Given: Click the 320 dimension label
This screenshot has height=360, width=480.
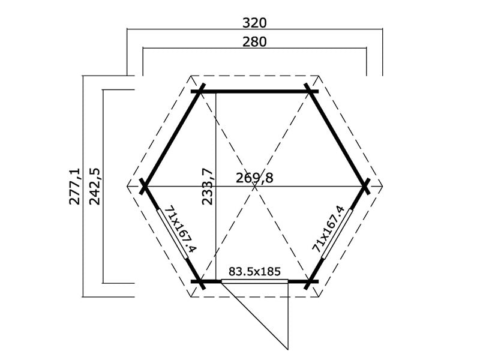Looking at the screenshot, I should coord(254,23).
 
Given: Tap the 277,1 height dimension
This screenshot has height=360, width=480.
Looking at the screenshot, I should coord(75,187).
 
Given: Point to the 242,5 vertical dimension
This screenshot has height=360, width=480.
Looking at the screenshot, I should coord(94,187).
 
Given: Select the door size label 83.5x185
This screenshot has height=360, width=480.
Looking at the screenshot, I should coord(255,271).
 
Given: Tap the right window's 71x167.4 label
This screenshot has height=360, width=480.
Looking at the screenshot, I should coord(329,229).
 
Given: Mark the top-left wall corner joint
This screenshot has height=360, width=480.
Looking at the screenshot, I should coord(199,91).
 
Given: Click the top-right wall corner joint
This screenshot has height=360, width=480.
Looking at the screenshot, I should coord(310,91).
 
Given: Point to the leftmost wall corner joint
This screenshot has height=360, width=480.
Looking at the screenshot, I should coord(144,186).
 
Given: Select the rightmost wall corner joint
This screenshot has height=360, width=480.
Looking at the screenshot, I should coord(365,186).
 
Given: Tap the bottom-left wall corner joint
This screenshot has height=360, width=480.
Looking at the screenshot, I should coord(199,281).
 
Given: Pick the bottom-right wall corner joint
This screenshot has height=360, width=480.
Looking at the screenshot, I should coord(310,281).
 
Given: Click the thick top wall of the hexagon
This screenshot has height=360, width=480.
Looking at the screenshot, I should coord(254,91).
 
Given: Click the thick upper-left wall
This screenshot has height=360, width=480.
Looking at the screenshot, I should coord(172,139).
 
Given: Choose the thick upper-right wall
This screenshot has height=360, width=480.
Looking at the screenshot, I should coord(338,139).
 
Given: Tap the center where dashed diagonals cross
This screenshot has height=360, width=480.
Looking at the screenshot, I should coord(254,186).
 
